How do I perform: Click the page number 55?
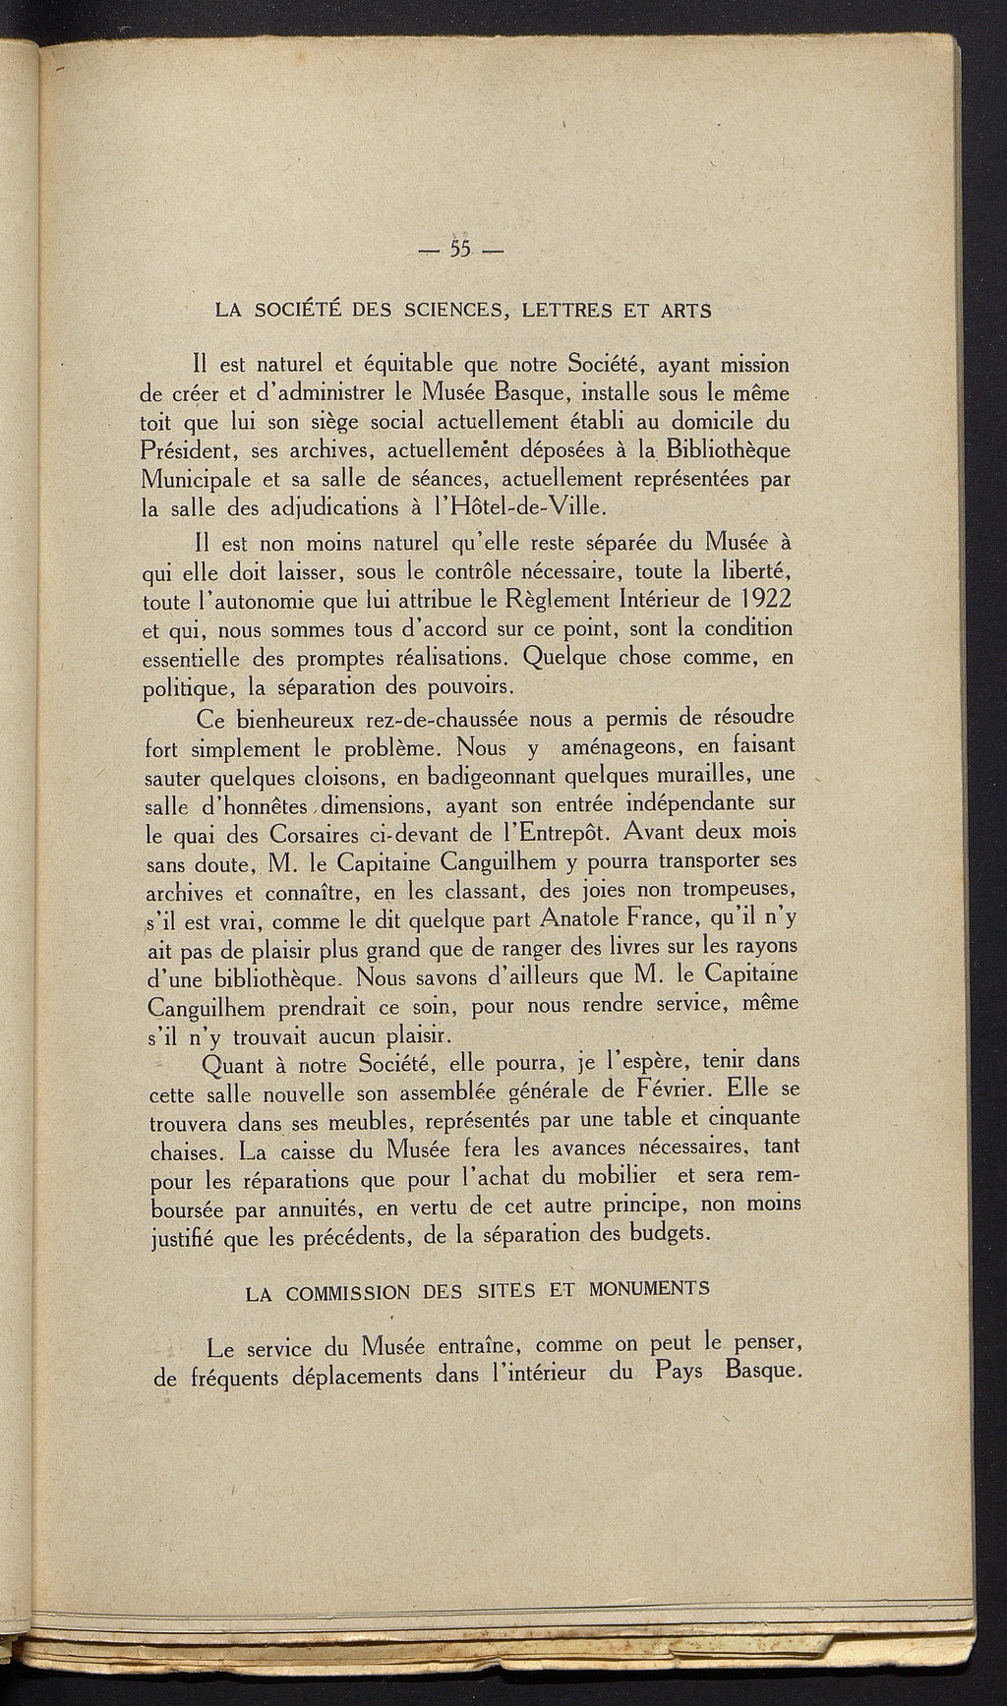pyautogui.click(x=461, y=248)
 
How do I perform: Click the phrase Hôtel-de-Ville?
pyautogui.click(x=532, y=509)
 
